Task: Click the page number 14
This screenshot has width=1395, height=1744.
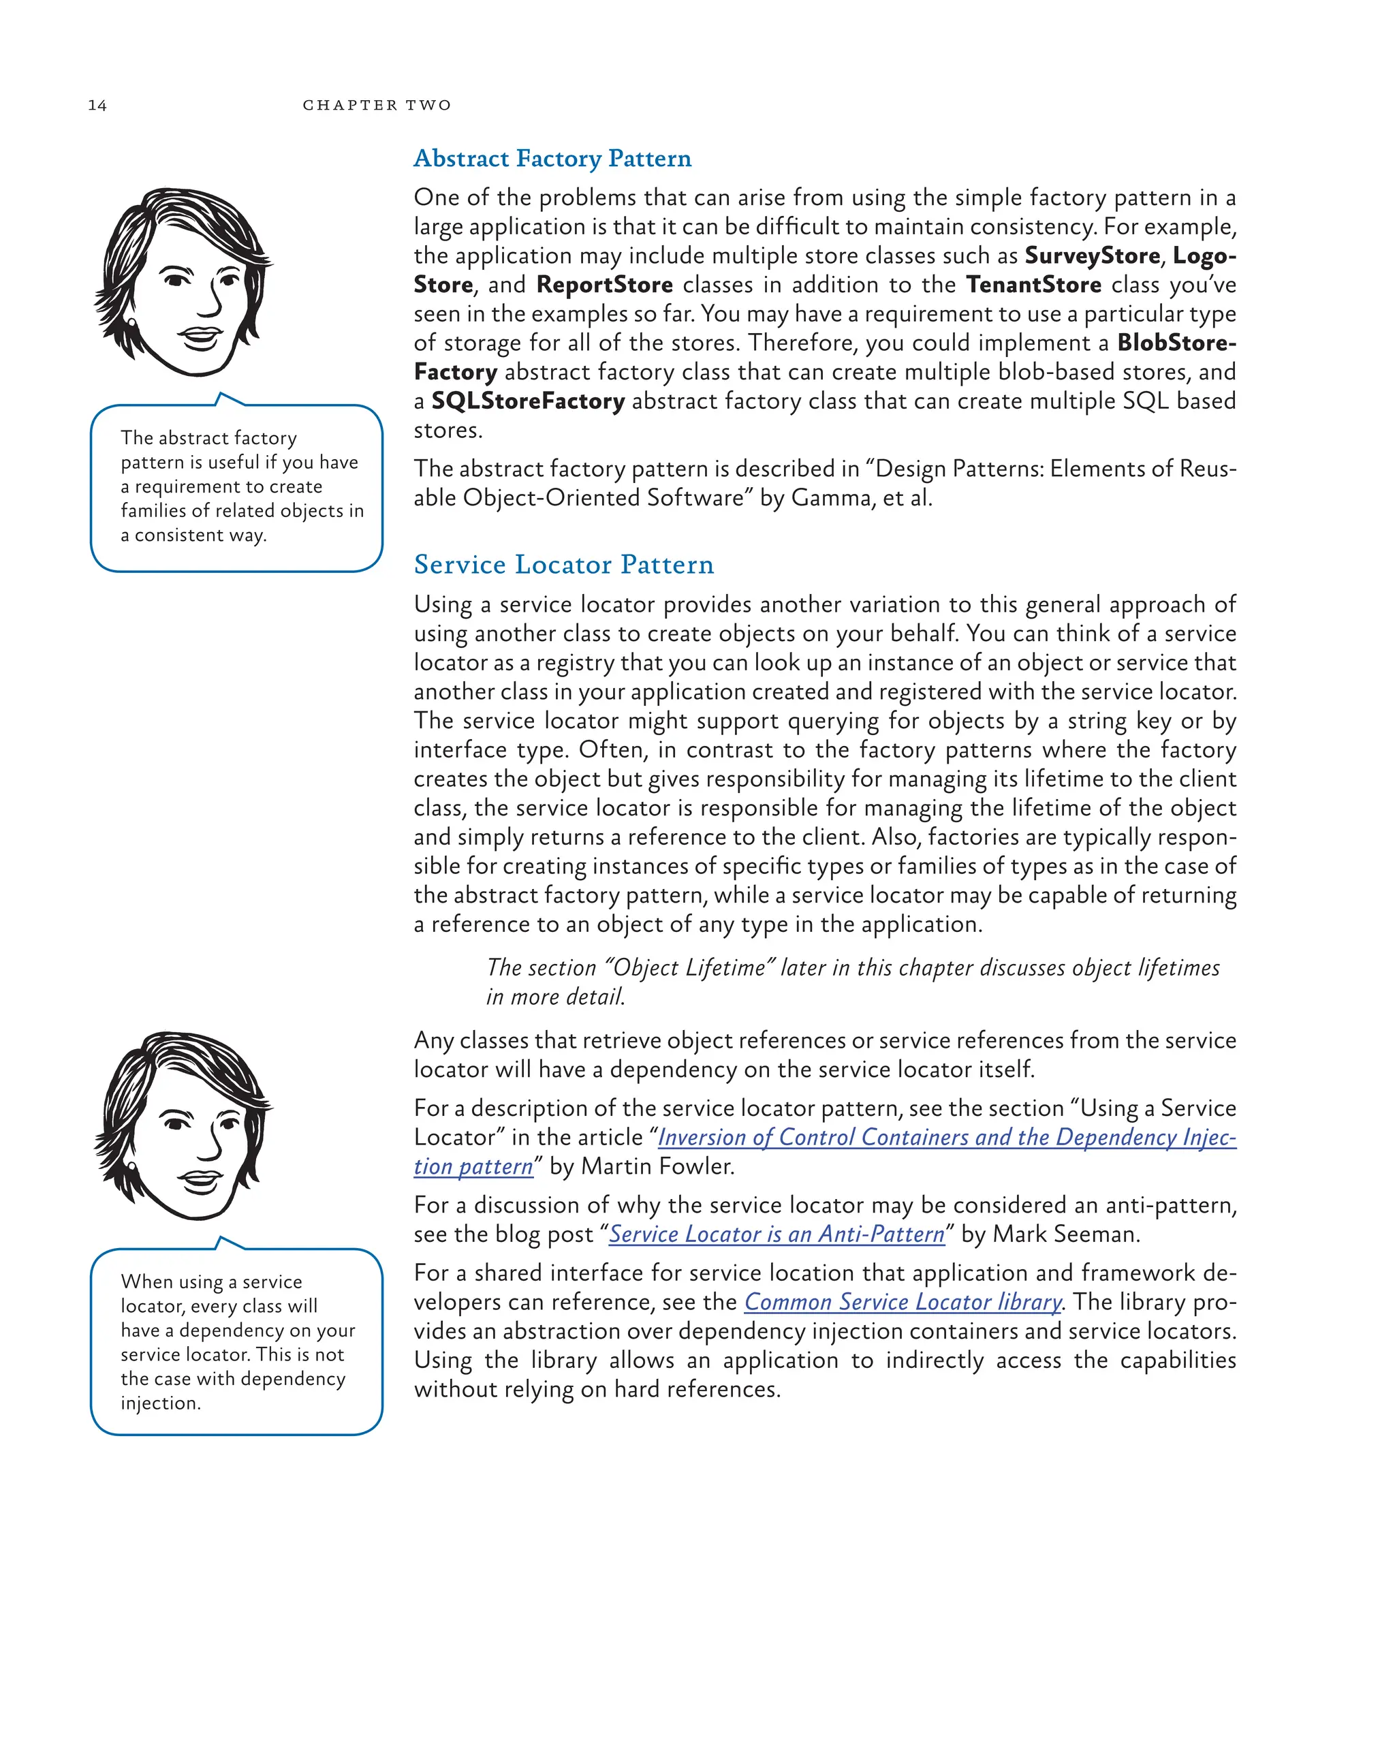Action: point(97,105)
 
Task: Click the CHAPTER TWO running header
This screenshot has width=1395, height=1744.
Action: point(377,105)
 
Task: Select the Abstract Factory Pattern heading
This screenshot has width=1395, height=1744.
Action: point(552,159)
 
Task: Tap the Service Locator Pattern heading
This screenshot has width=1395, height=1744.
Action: point(564,565)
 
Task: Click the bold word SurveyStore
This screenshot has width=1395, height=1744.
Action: point(1092,255)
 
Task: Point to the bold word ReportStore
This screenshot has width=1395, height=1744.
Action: point(604,285)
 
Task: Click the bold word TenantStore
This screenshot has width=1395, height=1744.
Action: point(1033,285)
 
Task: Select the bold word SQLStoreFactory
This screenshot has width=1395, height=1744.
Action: point(527,401)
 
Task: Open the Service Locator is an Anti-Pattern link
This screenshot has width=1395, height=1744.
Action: point(777,1234)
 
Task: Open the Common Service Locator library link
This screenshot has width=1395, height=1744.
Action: point(903,1303)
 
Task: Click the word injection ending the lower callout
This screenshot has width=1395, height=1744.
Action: point(160,1403)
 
